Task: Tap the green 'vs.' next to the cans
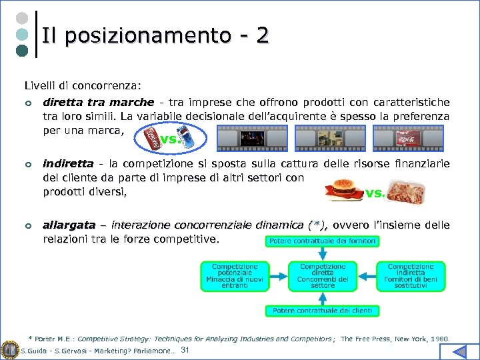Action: click(169, 140)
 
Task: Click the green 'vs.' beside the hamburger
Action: click(375, 193)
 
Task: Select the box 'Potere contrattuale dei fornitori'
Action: click(323, 241)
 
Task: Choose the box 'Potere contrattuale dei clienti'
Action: click(323, 310)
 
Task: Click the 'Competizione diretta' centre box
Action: click(323, 276)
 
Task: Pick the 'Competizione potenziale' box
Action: click(235, 276)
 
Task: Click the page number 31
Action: click(186, 351)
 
